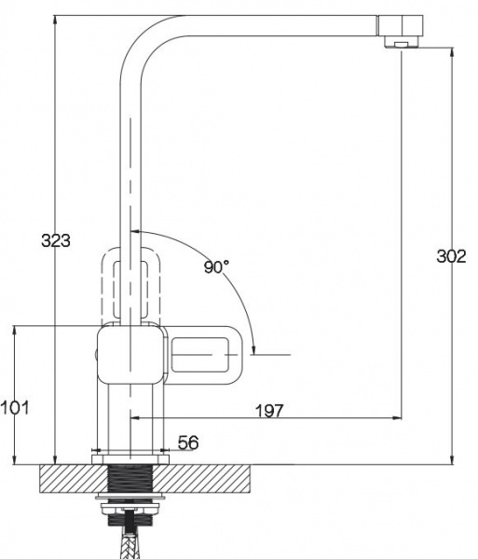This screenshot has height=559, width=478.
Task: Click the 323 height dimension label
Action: coord(56,240)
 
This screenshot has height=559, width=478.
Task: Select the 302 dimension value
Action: coord(451,256)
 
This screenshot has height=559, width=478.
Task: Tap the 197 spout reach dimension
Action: coord(270,411)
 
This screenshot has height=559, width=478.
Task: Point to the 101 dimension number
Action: coord(15,407)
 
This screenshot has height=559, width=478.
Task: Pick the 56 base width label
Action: coord(188,443)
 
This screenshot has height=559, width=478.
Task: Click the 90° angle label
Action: coord(216,266)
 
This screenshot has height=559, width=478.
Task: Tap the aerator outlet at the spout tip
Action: coord(402,44)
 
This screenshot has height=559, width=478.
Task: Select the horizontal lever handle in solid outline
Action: coord(204,355)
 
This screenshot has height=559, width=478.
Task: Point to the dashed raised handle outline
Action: coord(130,284)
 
